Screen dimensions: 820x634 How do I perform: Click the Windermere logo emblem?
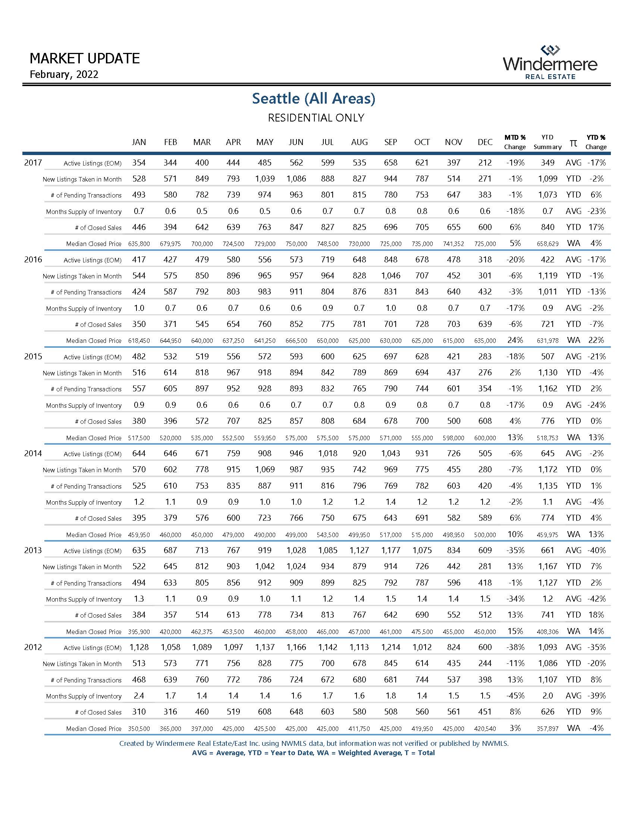click(550, 50)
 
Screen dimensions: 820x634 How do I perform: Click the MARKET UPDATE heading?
click(85, 59)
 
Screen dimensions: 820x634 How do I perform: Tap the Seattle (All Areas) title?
click(314, 98)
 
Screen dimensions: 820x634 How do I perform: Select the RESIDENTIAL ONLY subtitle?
click(316, 118)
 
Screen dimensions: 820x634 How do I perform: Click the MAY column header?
click(265, 142)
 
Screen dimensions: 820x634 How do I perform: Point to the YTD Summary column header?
click(547, 142)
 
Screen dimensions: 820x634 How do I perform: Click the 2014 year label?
click(33, 454)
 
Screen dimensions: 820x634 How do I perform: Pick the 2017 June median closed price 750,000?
click(296, 244)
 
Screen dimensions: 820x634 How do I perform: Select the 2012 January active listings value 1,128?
click(139, 647)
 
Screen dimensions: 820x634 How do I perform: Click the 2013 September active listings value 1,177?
click(390, 551)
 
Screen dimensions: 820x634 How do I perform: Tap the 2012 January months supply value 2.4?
click(139, 696)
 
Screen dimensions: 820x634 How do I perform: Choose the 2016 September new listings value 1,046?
click(390, 275)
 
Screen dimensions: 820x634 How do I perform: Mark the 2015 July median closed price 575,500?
click(327, 438)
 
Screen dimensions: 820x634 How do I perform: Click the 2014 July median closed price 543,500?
click(327, 534)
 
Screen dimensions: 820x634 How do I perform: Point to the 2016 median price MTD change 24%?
click(515, 340)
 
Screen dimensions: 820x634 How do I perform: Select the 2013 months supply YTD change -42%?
click(596, 599)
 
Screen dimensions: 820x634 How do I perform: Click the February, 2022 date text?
click(64, 74)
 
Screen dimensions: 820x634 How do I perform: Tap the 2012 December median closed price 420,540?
click(485, 729)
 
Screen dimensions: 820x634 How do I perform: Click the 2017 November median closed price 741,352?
click(453, 244)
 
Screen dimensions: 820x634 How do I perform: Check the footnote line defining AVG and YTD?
click(313, 753)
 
